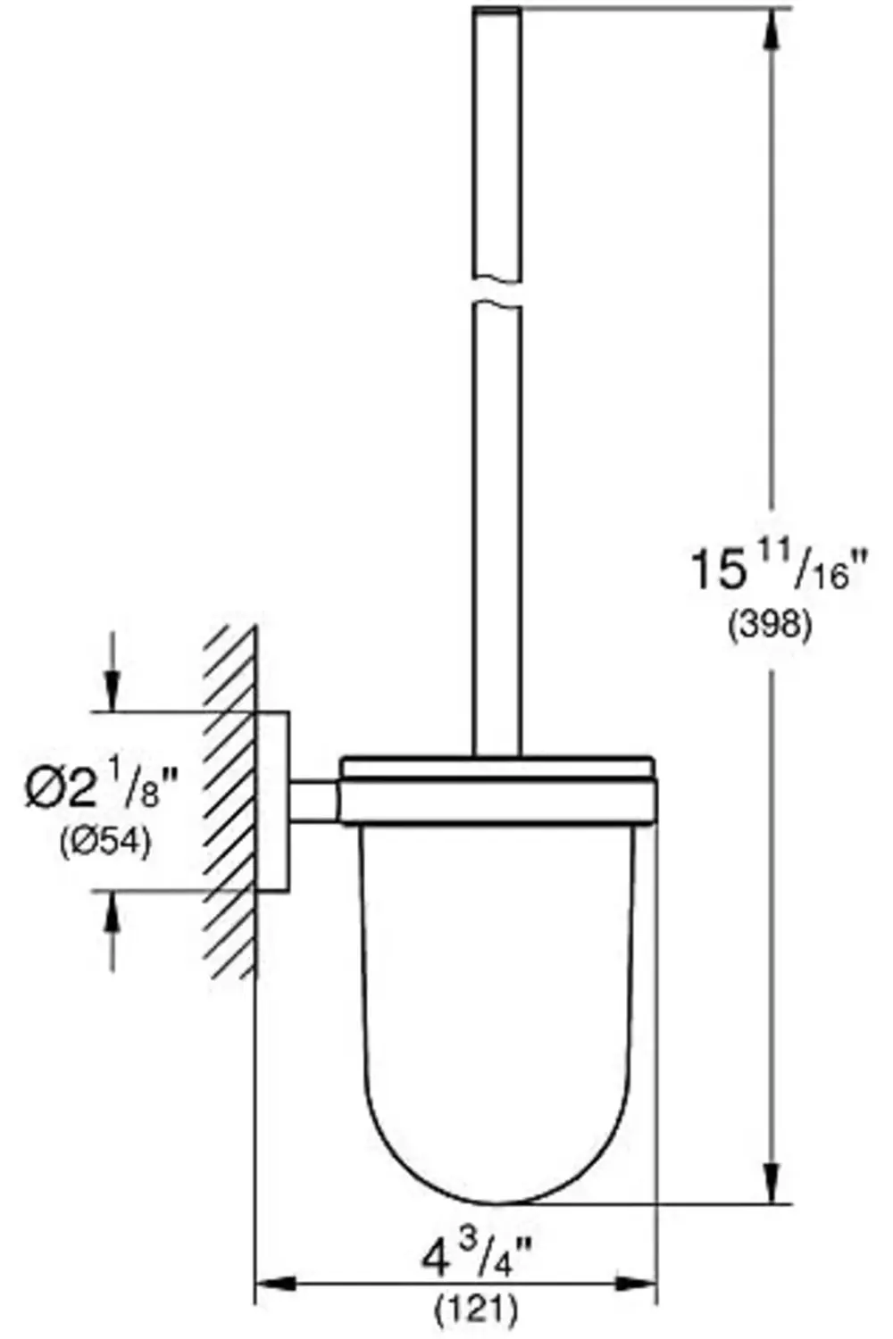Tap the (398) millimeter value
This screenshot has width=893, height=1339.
pyautogui.click(x=770, y=625)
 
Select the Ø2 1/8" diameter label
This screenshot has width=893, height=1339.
pyautogui.click(x=101, y=790)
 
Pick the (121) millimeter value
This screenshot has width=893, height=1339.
pyautogui.click(x=476, y=1310)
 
